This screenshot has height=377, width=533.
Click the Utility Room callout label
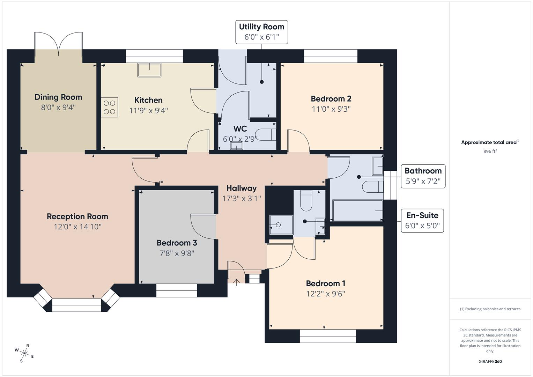click(261, 32)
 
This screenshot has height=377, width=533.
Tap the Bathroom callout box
click(423, 176)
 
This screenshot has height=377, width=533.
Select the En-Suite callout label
click(422, 221)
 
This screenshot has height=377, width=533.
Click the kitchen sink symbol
click(149, 70)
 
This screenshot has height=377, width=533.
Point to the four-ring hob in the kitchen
click(110, 107)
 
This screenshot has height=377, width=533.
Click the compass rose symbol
click(24, 353)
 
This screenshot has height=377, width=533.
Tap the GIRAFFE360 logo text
click(490, 361)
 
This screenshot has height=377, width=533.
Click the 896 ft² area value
click(490, 151)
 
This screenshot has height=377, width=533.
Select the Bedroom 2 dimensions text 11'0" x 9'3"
click(331, 109)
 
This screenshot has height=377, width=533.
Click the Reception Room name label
click(77, 216)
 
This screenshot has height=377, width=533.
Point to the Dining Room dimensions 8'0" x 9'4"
click(58, 107)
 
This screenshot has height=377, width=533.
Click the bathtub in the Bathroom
click(357, 210)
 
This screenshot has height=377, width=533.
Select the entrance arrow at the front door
click(236, 282)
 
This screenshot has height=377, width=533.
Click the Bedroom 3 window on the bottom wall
click(177, 290)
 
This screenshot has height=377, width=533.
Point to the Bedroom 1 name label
click(325, 283)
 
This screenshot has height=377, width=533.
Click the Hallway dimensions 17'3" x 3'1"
click(242, 199)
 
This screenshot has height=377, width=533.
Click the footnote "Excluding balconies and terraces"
click(490, 309)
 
